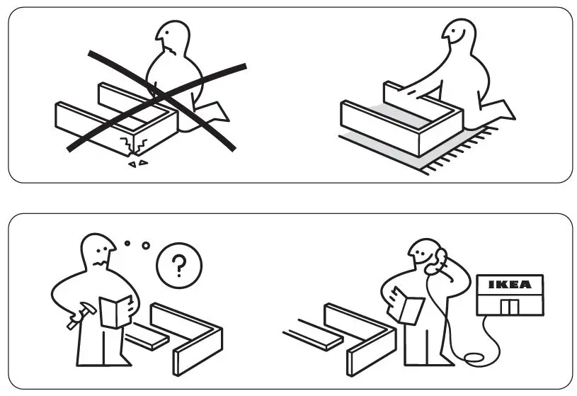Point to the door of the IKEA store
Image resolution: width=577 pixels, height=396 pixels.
(509, 307)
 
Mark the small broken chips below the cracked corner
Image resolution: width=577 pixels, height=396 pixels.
(137, 164)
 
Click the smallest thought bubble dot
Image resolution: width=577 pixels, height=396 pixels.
(127, 243)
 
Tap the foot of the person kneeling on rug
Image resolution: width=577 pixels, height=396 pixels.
(503, 110)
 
